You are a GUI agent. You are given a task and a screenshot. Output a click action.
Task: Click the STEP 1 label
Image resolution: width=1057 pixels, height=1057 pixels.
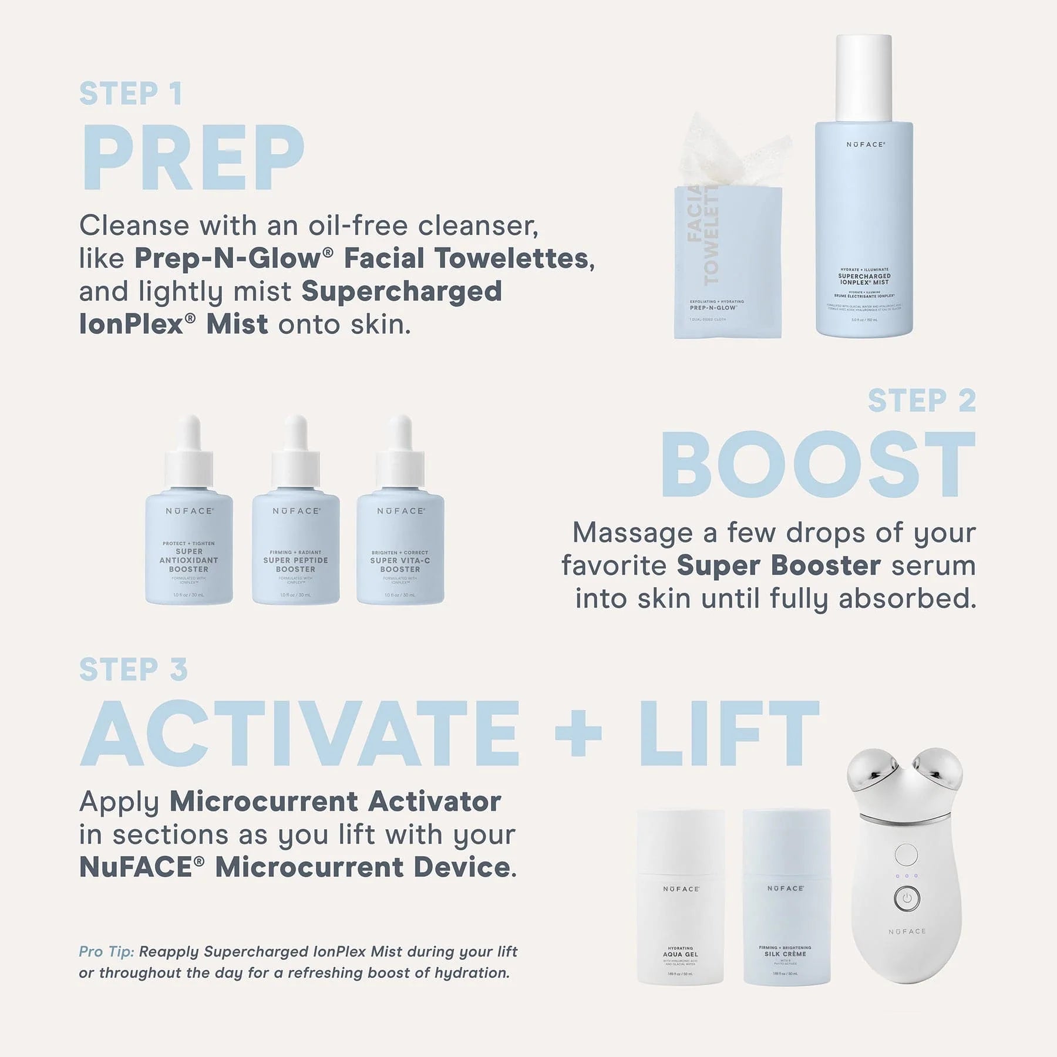(130, 94)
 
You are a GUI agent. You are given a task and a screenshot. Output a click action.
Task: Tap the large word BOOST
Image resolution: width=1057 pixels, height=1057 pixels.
(818, 465)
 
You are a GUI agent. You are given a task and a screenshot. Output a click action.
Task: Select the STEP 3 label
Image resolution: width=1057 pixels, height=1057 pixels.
(133, 670)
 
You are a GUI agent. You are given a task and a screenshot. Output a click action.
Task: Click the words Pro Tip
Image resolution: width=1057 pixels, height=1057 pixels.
(106, 952)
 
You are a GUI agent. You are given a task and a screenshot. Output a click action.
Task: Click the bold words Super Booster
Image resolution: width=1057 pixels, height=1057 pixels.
(778, 565)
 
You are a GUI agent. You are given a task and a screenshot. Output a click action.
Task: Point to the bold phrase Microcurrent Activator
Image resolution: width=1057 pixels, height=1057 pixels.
(335, 802)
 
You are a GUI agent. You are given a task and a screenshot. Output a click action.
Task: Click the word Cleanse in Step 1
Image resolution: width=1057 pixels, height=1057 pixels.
(134, 225)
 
